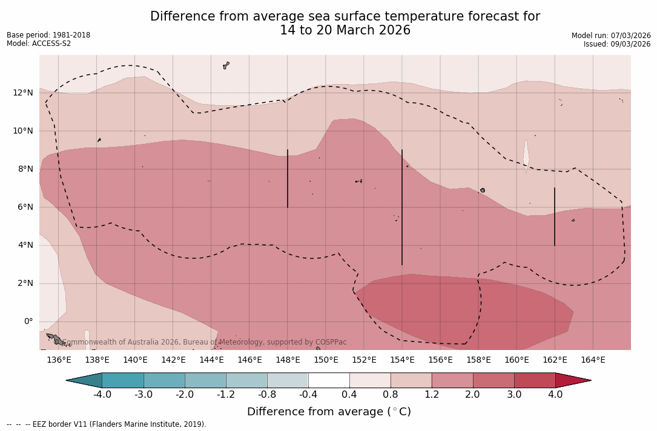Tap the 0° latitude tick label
(28, 322)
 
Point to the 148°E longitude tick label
(288, 360)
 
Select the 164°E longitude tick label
(593, 360)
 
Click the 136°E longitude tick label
(59, 360)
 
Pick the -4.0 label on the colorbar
(102, 395)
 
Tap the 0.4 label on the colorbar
(349, 395)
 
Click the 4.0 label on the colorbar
(555, 395)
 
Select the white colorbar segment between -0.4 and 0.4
(329, 380)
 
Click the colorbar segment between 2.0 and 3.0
(494, 380)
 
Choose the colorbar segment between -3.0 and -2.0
(164, 380)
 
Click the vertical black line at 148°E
(288, 178)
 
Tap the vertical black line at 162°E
(555, 216)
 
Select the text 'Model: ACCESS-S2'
(39, 44)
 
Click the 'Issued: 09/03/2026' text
(617, 44)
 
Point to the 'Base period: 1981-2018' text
(48, 35)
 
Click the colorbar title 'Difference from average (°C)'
(329, 412)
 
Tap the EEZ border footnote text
(107, 424)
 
